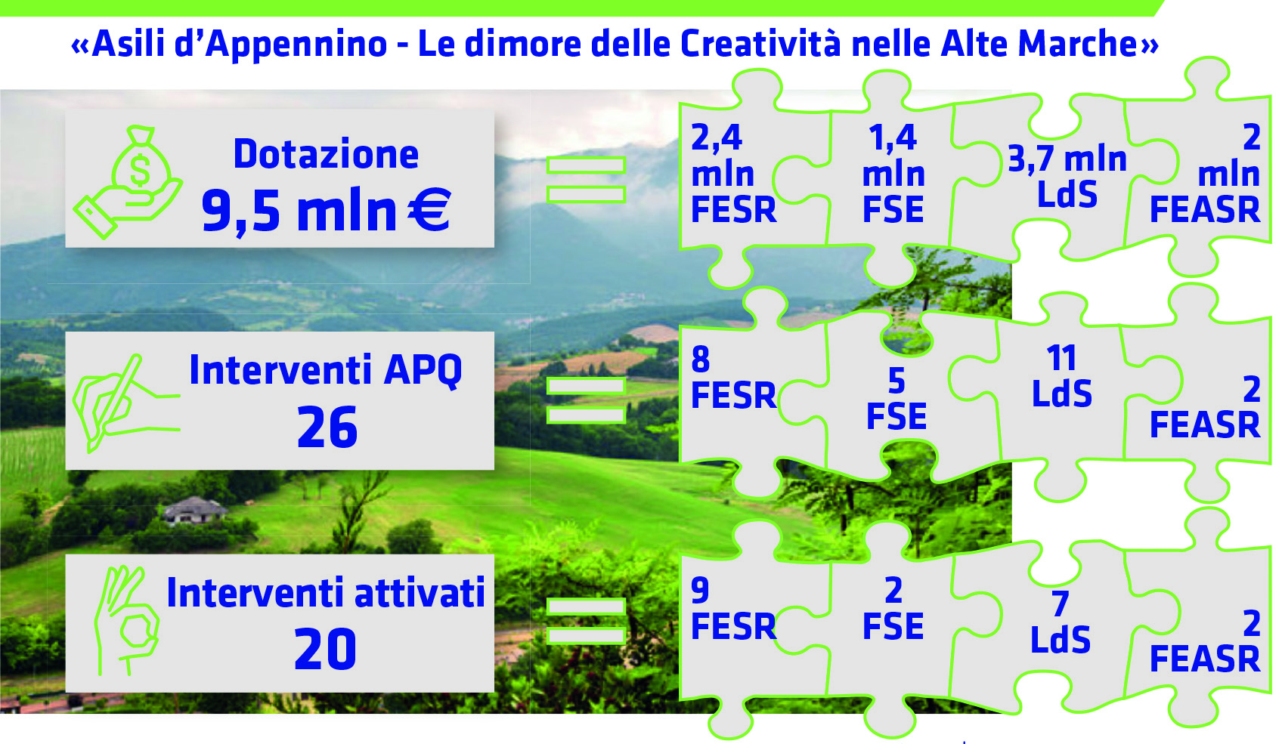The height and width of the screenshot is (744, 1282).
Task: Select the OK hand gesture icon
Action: pyautogui.click(x=127, y=620)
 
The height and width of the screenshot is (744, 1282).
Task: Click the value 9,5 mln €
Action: pyautogui.click(x=326, y=211)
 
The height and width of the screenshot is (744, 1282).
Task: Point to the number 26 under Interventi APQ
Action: pyautogui.click(x=327, y=427)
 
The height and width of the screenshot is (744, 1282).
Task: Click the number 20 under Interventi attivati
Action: pyautogui.click(x=325, y=648)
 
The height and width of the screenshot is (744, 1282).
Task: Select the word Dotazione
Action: pyautogui.click(x=326, y=154)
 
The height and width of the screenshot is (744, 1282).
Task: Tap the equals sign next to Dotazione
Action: pyautogui.click(x=586, y=180)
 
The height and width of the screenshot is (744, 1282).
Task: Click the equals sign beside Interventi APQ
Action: pyautogui.click(x=586, y=400)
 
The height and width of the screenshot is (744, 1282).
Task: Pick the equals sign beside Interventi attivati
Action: pyautogui.click(x=586, y=621)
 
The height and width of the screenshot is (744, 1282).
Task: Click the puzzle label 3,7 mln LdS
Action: pyautogui.click(x=1067, y=176)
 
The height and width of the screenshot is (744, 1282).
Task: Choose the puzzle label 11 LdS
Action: pyautogui.click(x=1061, y=375)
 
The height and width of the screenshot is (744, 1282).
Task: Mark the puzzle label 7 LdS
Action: pyautogui.click(x=1061, y=622)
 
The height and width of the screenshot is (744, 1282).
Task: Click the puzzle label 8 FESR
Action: pyautogui.click(x=733, y=377)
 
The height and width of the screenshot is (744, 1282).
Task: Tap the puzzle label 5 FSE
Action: pyautogui.click(x=896, y=399)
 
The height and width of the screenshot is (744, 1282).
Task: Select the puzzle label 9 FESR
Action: pyautogui.click(x=733, y=608)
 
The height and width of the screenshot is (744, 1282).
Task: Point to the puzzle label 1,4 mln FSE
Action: pyautogui.click(x=893, y=173)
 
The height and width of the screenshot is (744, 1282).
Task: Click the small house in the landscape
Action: pyautogui.click(x=194, y=510)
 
